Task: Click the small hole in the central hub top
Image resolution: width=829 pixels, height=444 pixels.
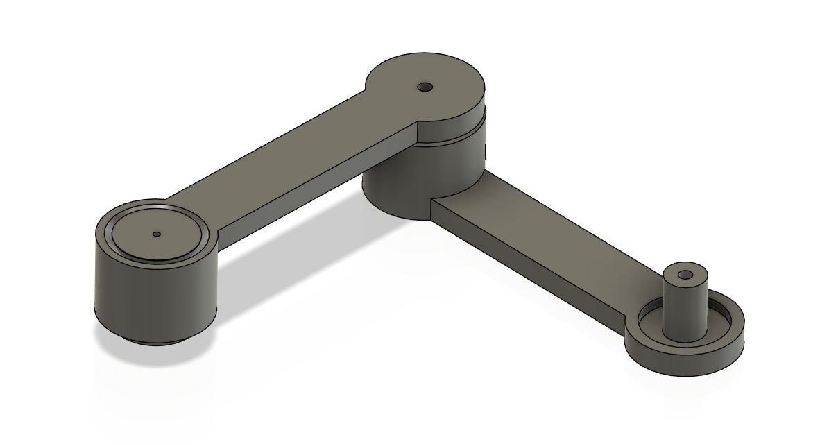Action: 425,87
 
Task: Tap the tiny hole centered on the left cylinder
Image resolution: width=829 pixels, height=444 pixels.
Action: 157,234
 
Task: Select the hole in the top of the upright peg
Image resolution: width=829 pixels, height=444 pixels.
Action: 687,275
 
